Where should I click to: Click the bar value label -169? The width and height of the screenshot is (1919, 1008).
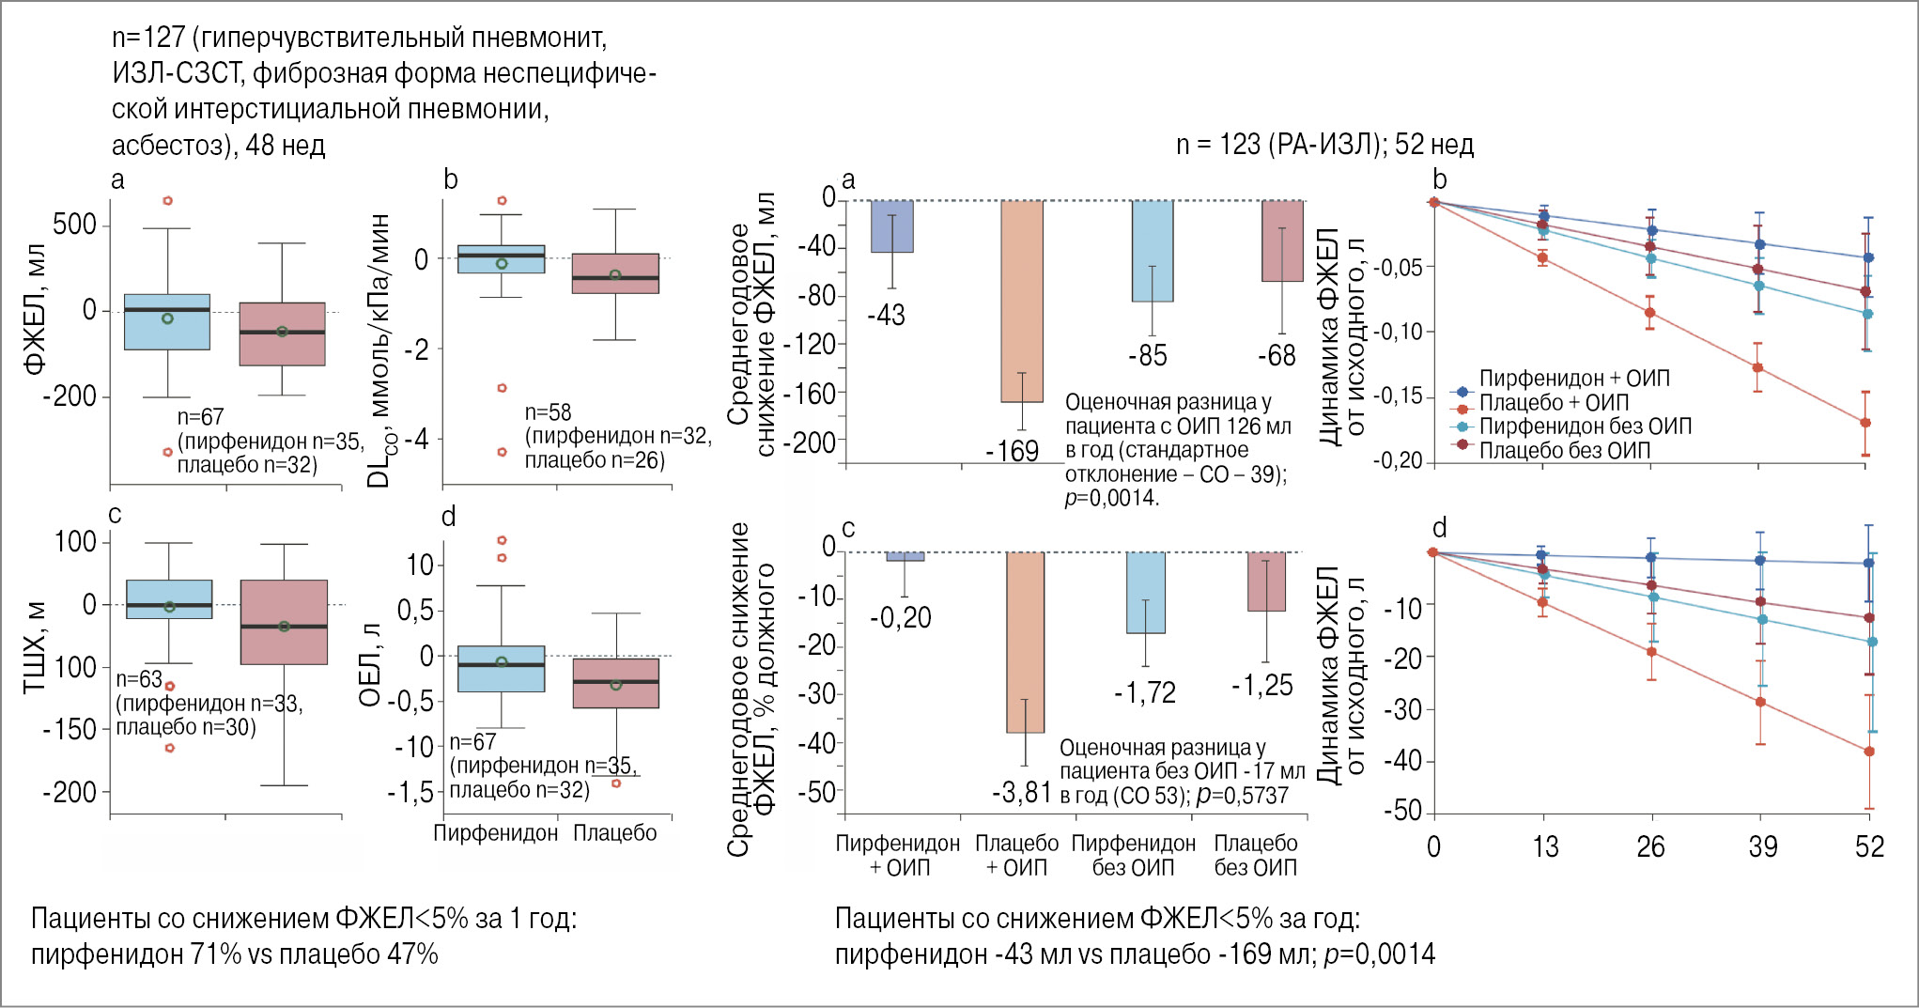pos(1012,452)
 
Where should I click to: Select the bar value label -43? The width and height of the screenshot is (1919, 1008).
pos(886,316)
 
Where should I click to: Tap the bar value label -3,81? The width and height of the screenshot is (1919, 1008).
pos(1021,793)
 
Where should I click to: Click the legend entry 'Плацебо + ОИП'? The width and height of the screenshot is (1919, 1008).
pos(1553,403)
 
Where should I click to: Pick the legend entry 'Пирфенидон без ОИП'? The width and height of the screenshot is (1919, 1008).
pos(1584,426)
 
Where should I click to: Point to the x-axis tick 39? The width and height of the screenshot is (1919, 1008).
pos(1762,847)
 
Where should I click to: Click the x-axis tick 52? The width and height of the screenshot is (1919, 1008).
pos(1869,847)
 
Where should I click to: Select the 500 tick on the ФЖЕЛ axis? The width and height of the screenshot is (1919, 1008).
pos(74,225)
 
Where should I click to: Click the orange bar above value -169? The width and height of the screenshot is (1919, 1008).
pos(1022,302)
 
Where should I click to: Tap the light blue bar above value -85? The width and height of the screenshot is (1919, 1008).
pos(1152,251)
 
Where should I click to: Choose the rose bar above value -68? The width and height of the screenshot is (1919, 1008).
pos(1282,241)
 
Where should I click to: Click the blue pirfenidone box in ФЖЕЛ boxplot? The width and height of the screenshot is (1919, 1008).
pos(167,322)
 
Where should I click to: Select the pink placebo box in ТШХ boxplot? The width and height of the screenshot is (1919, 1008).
pos(284,622)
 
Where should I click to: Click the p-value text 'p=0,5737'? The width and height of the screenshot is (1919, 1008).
pos(1243,796)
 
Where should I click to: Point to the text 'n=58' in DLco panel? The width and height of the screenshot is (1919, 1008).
pos(548,412)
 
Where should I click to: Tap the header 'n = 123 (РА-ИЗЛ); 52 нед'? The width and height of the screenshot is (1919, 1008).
pos(1324,145)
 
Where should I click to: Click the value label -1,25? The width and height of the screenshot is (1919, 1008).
pos(1261,686)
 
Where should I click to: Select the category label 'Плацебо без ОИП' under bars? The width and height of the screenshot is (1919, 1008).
pos(1255,855)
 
